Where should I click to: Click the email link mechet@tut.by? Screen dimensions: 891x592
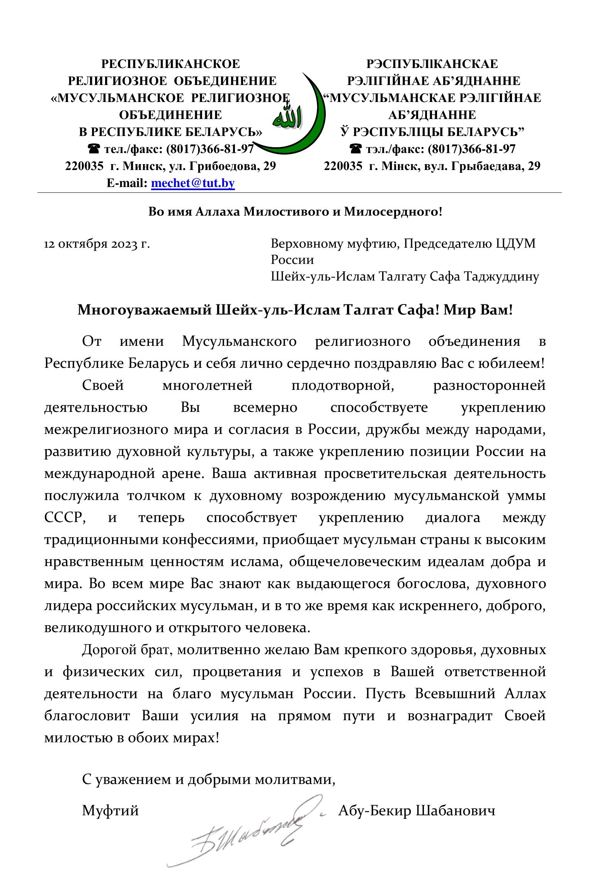193,183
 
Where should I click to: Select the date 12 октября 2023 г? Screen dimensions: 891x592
97,244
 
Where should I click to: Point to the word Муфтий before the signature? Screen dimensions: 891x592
110,810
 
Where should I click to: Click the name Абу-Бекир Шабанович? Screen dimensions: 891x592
417,810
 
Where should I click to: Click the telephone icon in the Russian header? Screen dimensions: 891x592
94,149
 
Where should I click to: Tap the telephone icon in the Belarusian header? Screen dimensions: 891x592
355,149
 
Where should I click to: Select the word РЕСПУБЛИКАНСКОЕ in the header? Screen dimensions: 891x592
170,64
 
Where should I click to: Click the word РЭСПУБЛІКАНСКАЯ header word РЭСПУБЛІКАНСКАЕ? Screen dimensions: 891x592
432,64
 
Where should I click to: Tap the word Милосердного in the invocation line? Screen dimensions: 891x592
393,212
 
